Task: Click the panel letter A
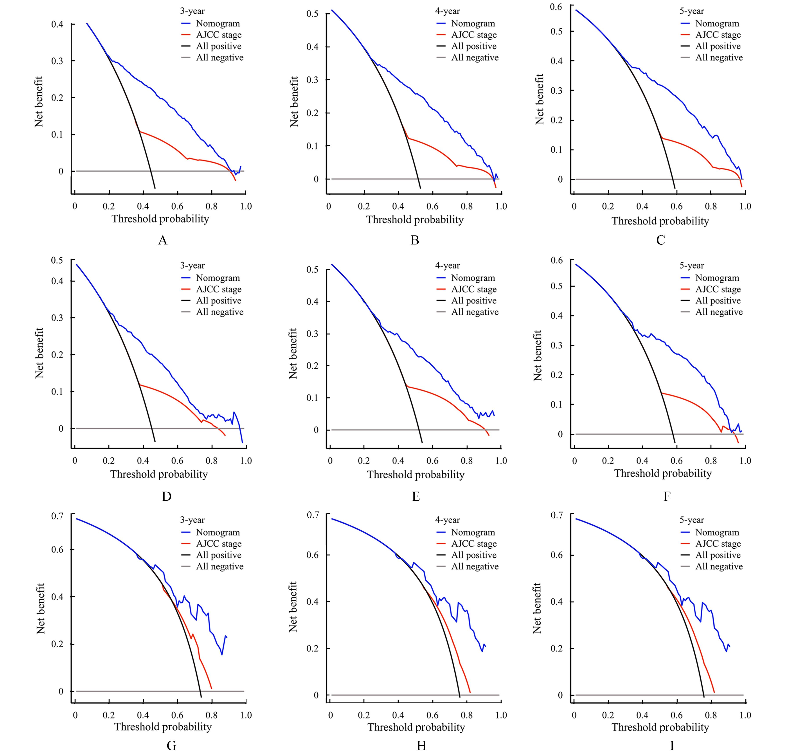pos(162,240)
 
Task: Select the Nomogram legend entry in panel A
pos(218,24)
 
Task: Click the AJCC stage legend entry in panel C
pos(718,35)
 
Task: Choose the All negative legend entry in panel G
pos(219,566)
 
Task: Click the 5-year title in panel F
pos(691,266)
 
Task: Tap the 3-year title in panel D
pos(192,266)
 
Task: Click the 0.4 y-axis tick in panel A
pos(57,25)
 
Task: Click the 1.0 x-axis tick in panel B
pos(501,207)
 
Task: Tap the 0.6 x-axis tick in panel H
pos(433,715)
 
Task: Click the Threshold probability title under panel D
pos(159,474)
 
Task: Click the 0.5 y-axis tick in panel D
pos(57,260)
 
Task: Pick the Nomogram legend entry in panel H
pos(473,533)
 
